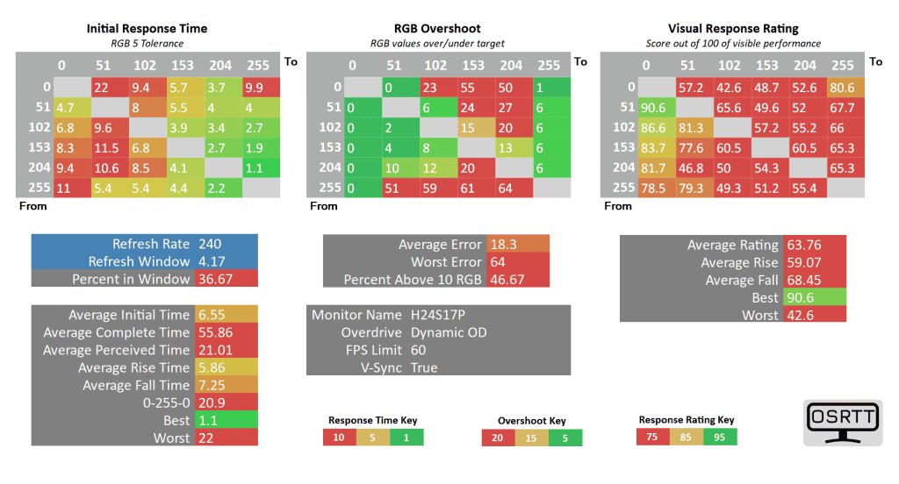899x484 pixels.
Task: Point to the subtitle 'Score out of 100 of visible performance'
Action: click(731, 43)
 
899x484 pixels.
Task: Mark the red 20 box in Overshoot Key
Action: click(498, 438)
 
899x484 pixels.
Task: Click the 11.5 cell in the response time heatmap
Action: click(106, 147)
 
